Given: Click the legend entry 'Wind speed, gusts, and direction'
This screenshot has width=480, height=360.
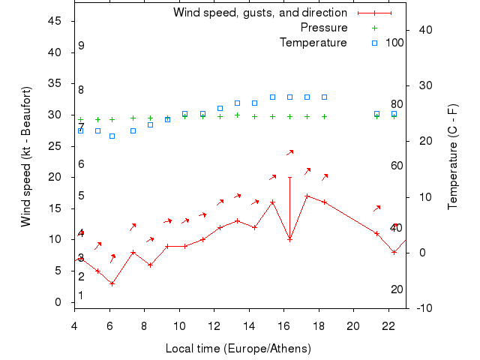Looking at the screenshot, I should coord(259,13).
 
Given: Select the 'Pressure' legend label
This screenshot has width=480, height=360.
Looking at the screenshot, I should coord(324,28).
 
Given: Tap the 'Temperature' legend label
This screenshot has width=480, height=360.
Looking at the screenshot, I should coord(313,43).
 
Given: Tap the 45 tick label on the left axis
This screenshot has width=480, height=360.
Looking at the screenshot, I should coord(55,21).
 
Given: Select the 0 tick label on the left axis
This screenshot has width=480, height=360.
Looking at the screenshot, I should coord(58,302).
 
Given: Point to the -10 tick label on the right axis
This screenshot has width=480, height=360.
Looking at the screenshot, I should coord(422,308).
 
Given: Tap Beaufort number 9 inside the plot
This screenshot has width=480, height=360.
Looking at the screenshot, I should coord(81,46).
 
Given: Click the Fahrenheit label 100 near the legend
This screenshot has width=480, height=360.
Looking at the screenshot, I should coord(394,43).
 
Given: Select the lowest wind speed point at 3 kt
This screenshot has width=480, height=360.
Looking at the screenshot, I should coord(112,283).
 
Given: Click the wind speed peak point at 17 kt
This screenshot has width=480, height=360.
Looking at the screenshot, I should coord(307,196).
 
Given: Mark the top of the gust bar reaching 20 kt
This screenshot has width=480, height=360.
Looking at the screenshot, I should coord(289,177).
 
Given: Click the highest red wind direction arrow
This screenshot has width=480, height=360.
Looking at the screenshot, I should coord(289,153).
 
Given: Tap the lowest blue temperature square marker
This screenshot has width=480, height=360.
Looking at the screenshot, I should coord(112,136).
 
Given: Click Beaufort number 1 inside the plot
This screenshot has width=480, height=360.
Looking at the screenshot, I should coord(81,295).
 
